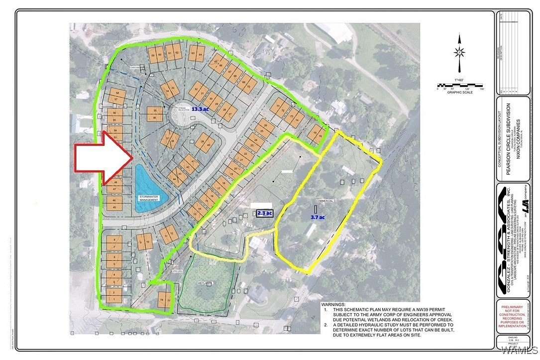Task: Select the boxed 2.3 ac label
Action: [264, 214]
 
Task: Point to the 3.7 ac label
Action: [318, 217]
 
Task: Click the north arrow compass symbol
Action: [460, 52]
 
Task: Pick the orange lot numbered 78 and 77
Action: [164, 300]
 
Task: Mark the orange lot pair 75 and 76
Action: [316, 133]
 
